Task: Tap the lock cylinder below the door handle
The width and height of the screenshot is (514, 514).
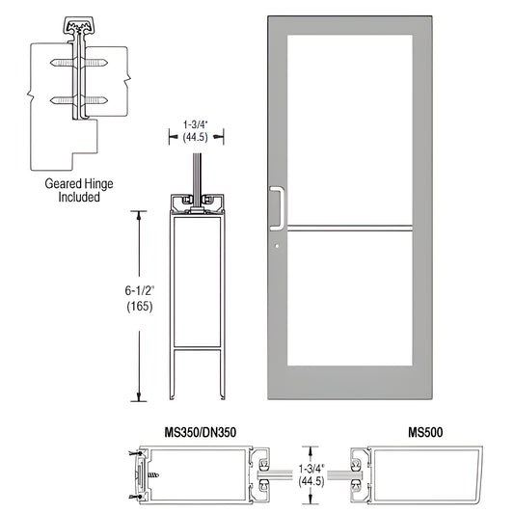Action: [x=276, y=247]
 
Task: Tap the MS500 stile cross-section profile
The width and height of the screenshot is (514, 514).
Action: [x=416, y=473]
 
